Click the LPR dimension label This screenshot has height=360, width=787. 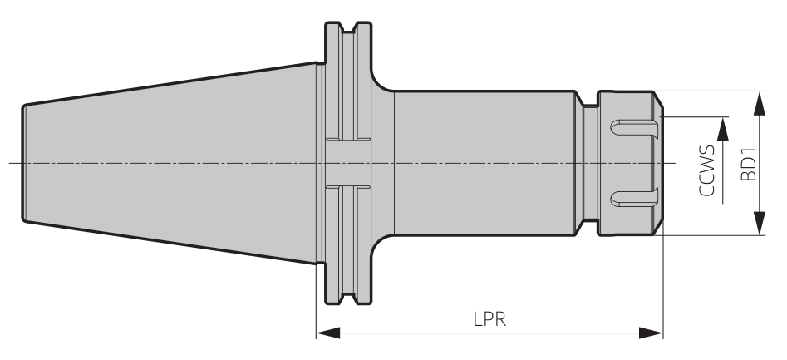pyautogui.click(x=489, y=319)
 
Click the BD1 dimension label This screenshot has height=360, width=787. pyautogui.click(x=749, y=164)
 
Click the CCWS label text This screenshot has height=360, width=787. pyautogui.click(x=707, y=170)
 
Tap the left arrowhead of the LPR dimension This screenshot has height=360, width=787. pyautogui.click(x=328, y=333)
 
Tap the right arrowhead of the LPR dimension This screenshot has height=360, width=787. pyautogui.click(x=651, y=333)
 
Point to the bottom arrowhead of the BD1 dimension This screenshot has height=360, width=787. pyautogui.click(x=760, y=223)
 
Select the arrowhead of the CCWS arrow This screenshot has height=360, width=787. pyautogui.click(x=723, y=129)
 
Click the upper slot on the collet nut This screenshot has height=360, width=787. pyautogui.click(x=634, y=127)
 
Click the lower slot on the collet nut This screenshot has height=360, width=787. pyautogui.click(x=634, y=198)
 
